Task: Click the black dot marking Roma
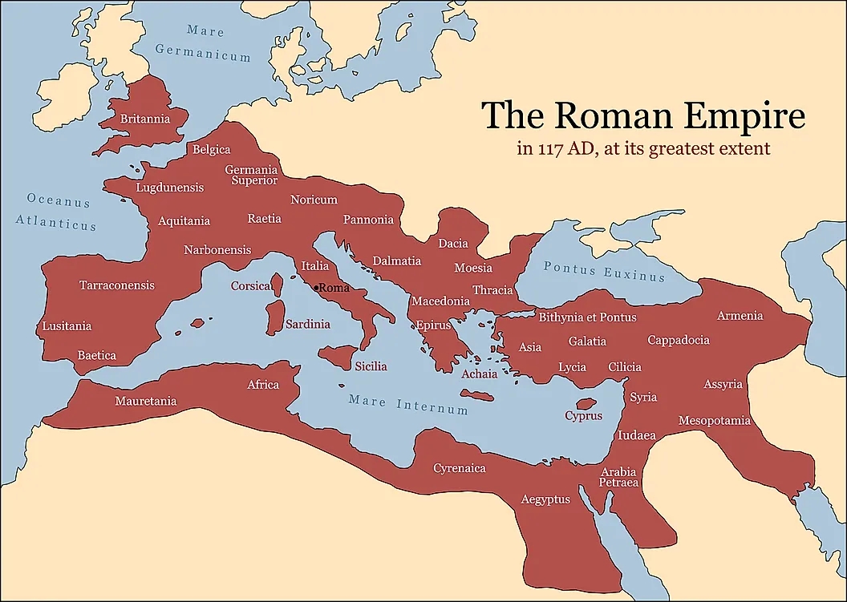point(318,287)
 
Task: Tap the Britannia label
point(145,119)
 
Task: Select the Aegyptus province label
point(545,499)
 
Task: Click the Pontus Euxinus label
point(604,272)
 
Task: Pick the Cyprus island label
point(583,416)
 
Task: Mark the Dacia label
point(453,243)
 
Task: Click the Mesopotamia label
point(715,421)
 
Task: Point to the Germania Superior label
point(251,175)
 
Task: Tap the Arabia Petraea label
point(618,477)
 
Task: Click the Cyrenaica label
point(460,468)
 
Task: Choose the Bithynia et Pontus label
point(587,317)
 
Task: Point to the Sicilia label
point(371,366)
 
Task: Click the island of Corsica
point(278,285)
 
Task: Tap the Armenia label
point(740,316)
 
